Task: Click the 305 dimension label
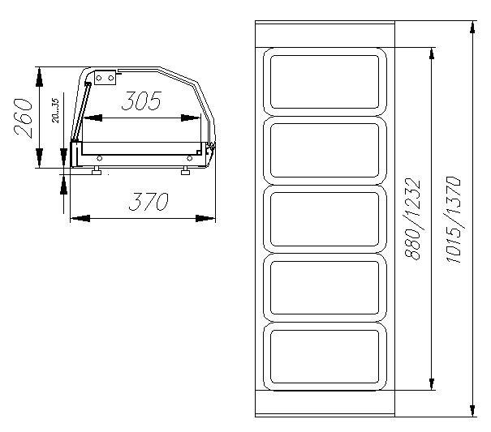141,101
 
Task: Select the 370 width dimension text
149,202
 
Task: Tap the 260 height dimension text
24,118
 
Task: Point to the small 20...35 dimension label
55,111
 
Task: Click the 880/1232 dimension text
411,219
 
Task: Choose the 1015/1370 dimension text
453,220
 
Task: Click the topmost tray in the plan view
325,82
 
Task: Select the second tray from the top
325,151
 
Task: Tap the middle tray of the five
325,219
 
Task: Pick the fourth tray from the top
325,288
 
